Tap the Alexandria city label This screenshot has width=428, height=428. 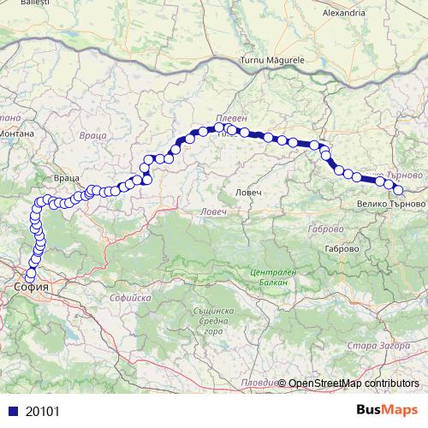point(344,14)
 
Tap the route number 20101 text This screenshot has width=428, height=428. point(41,411)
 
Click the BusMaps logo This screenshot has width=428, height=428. point(389,410)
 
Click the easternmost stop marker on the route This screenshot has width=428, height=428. point(397,190)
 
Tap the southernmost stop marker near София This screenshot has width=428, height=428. point(31,276)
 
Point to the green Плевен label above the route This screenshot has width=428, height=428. point(229,117)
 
